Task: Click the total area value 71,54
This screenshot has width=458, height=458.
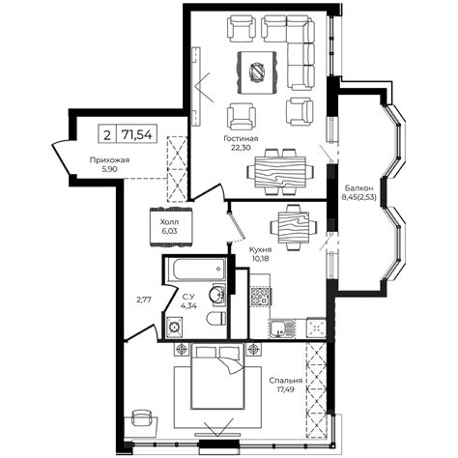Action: tap(136, 134)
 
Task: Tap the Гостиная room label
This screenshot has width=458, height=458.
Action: tap(241, 138)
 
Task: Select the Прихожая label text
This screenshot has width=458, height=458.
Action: tap(109, 159)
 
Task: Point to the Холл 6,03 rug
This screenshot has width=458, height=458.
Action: tap(171, 226)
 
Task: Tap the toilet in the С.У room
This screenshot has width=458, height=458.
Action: tap(216, 318)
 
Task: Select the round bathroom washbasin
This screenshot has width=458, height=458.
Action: tap(217, 294)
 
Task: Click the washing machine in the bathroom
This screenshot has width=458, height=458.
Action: tap(174, 328)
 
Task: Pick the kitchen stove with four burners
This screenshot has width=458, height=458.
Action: tap(260, 297)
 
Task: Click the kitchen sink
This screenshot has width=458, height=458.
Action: tap(281, 328)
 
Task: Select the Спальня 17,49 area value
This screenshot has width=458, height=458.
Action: tap(286, 389)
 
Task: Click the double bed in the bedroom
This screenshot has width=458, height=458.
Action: tap(217, 377)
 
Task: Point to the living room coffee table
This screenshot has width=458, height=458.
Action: tap(257, 72)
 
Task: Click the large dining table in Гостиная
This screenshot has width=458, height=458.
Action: tap(279, 172)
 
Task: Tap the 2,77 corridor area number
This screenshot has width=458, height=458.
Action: tap(144, 300)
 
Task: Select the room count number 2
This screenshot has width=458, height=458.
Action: tap(107, 134)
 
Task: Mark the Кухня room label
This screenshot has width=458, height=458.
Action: tap(261, 249)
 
